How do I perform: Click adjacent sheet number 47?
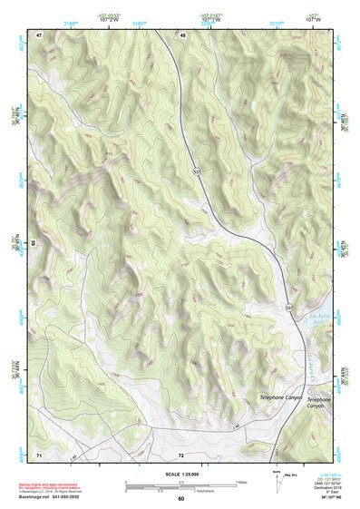pos(40,35)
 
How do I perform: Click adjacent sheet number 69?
pos(34,243)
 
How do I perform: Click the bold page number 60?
pos(181,498)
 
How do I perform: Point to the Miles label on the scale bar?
pos(240,482)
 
